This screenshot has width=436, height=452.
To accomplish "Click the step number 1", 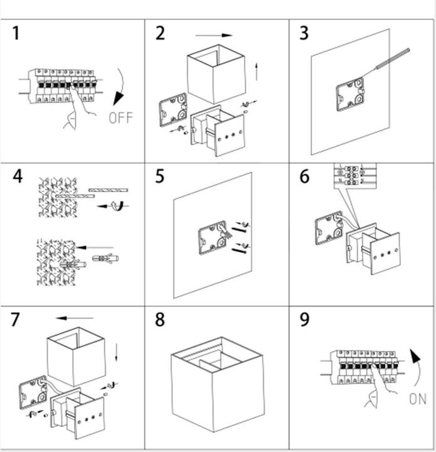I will click(x=16, y=33).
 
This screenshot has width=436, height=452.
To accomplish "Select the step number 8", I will click(x=160, y=320).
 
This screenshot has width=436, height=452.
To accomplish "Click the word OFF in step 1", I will click(x=120, y=117).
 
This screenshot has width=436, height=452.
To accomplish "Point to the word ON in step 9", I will click(x=417, y=398).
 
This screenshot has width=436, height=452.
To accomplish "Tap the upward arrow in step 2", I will click(x=257, y=70).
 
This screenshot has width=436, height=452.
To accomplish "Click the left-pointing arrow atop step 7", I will click(x=74, y=318).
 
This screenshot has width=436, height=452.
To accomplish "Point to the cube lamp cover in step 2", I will click(x=215, y=74).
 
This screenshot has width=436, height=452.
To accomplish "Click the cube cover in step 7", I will click(x=74, y=355).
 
